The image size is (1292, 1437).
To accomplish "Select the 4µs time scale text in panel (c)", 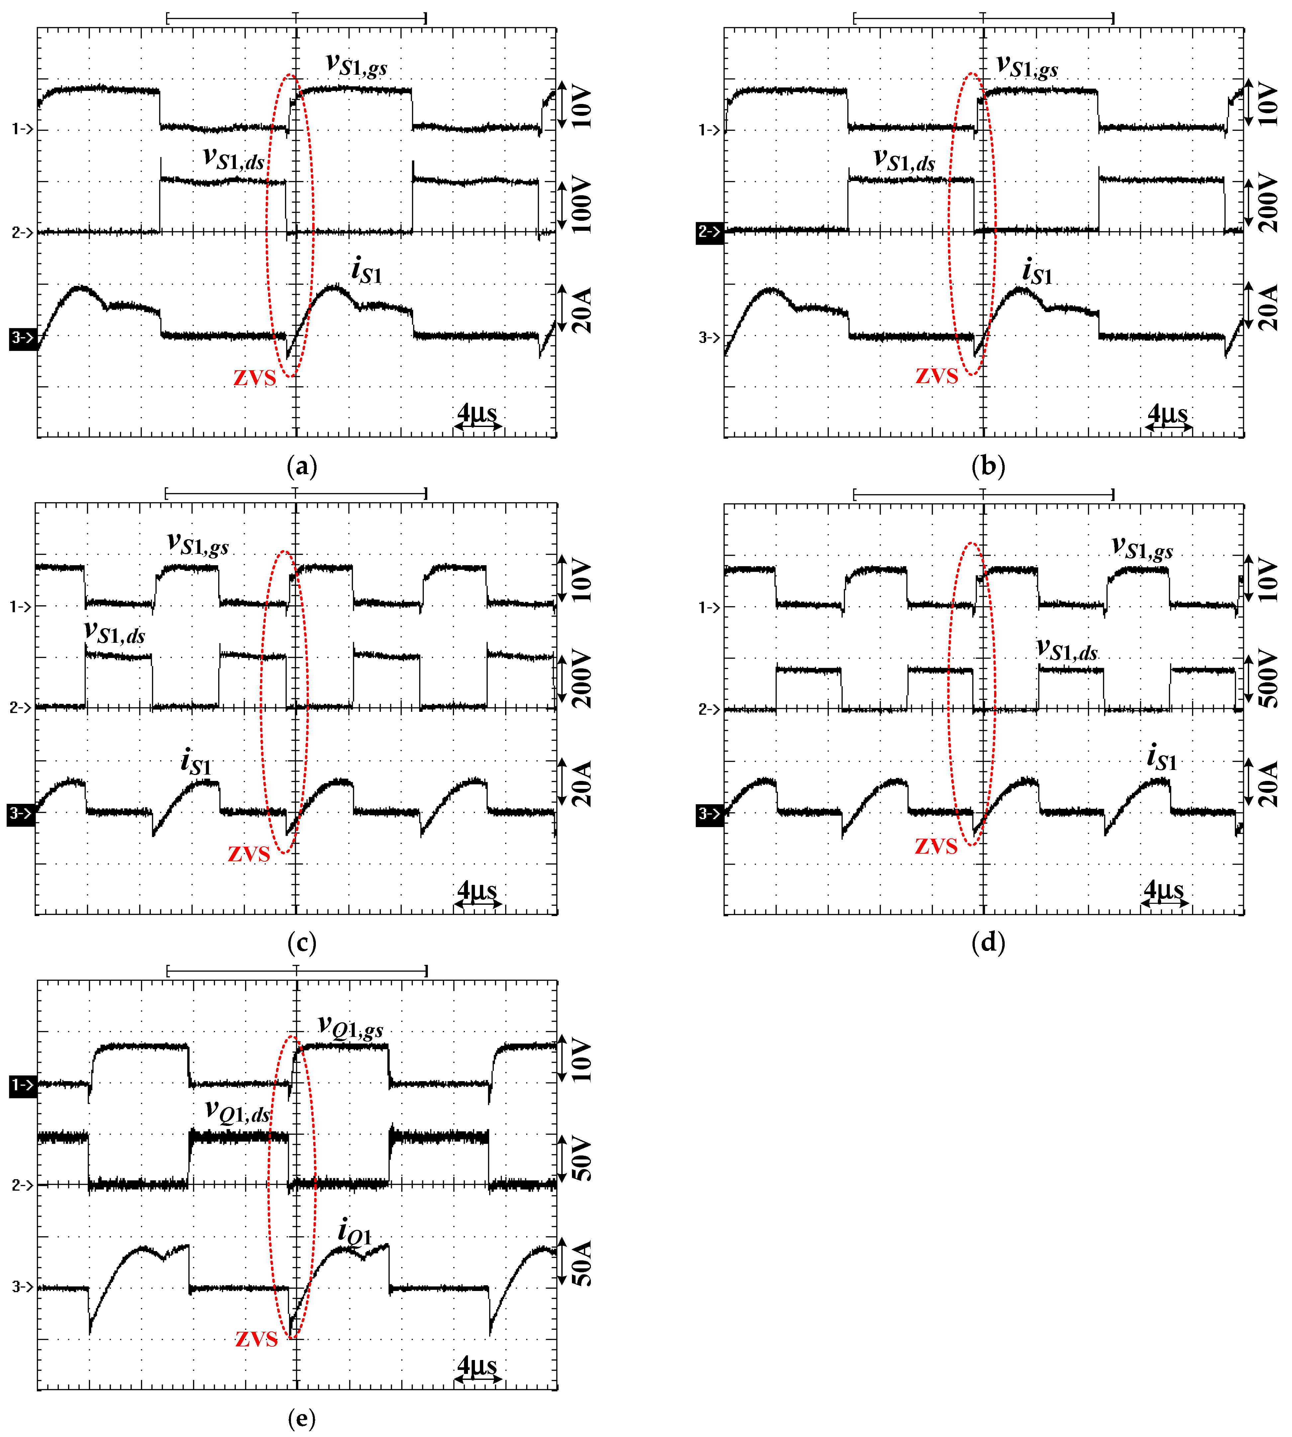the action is tap(477, 890).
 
